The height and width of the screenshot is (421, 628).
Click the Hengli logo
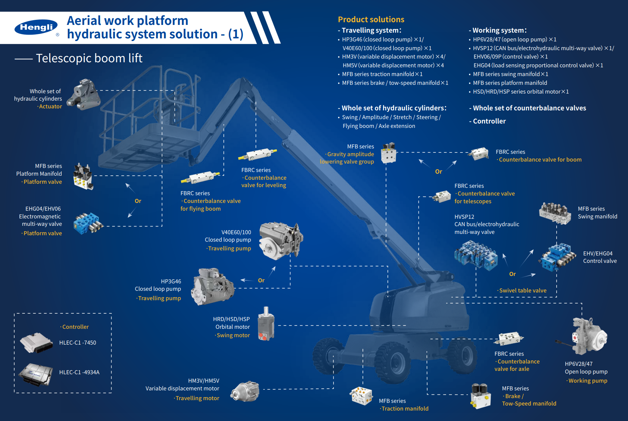[x=36, y=27]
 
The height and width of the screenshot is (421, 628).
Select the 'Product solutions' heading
[x=371, y=20]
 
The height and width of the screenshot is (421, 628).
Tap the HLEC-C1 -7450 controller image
[x=36, y=343]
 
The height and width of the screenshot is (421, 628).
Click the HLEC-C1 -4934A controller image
[x=36, y=374]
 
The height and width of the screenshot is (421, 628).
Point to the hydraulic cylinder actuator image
[x=84, y=95]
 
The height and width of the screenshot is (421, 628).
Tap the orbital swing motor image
[x=266, y=324]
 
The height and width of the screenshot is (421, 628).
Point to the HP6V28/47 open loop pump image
[x=588, y=337]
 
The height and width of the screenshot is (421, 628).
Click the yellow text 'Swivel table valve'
[x=523, y=290]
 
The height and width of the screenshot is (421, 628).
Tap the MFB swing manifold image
[x=555, y=213]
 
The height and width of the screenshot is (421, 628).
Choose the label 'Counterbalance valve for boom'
[x=540, y=160]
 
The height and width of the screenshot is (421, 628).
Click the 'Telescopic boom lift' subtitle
[x=89, y=58]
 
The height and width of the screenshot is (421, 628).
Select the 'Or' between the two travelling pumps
[x=261, y=280]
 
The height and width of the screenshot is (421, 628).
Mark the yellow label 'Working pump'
[x=588, y=381]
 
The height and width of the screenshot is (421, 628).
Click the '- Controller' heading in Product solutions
[x=489, y=121]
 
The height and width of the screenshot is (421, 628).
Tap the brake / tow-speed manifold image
[x=480, y=396]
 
